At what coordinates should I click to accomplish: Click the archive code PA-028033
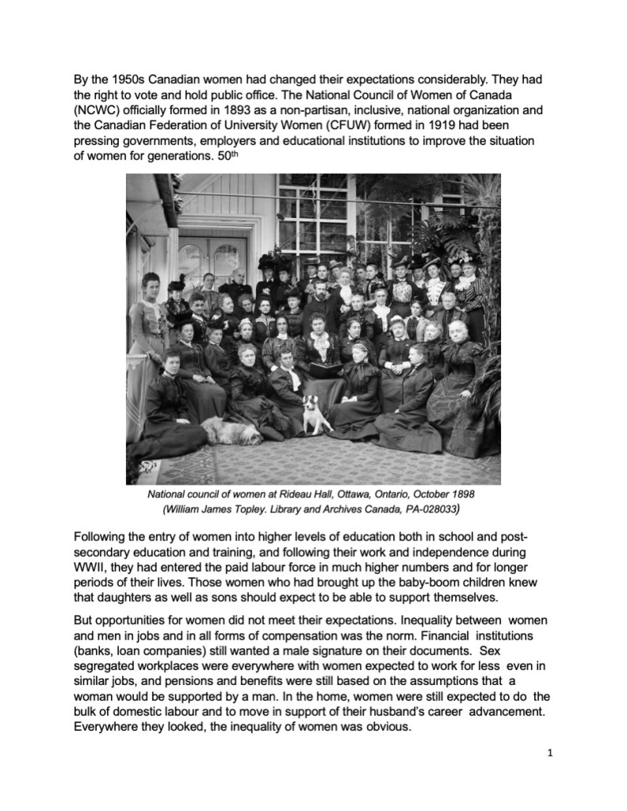(425, 509)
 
